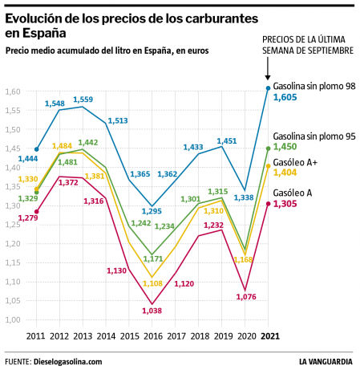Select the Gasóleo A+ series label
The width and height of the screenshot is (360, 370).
point(295,161)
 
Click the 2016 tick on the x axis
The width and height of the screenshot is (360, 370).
point(152,336)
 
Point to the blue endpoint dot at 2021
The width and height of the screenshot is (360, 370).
point(268,87)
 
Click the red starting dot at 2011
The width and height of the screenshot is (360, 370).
point(37,212)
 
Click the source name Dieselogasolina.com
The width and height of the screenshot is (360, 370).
point(68,361)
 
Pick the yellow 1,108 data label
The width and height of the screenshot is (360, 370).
point(152,283)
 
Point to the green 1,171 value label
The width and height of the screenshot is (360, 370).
point(153,259)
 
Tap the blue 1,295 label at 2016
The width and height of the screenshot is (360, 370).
point(153,211)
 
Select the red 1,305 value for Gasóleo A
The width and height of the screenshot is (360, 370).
point(285,204)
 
